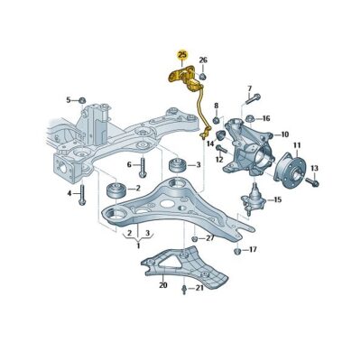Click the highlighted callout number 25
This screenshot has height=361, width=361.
tap(182, 54)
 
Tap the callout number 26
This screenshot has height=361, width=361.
tap(203, 60)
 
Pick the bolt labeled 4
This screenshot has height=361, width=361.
tap(82, 193)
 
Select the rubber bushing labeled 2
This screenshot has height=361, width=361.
tap(117, 190)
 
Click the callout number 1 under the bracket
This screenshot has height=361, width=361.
tap(137, 245)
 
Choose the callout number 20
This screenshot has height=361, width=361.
tap(162, 286)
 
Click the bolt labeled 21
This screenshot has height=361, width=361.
tap(186, 289)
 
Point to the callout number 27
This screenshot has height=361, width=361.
tap(210, 238)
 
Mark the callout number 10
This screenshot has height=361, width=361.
tap(284, 134)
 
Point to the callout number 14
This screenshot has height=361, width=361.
tap(209, 143)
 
